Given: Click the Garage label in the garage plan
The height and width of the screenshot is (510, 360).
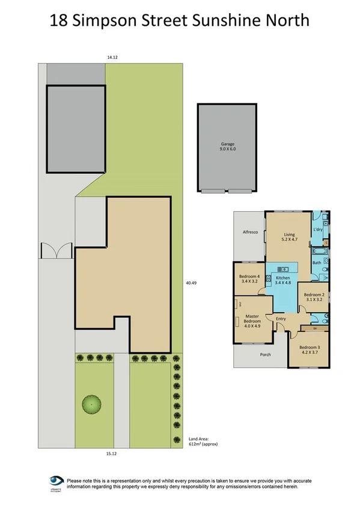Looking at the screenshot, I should coord(227,144).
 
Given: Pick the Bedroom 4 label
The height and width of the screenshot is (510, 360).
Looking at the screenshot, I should coord(249,277).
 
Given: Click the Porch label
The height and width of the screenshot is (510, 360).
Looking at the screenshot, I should coord(264,354).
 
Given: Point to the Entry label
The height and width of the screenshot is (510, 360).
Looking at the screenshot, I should coord(281,318).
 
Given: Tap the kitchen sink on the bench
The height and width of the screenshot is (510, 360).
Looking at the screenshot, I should coord(283,269).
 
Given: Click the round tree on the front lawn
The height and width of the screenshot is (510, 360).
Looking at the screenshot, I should coord(92,405).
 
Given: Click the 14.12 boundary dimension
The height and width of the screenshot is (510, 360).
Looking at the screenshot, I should coord(111,57).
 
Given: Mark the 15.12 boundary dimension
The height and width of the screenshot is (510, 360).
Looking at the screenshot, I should coord(111,454).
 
